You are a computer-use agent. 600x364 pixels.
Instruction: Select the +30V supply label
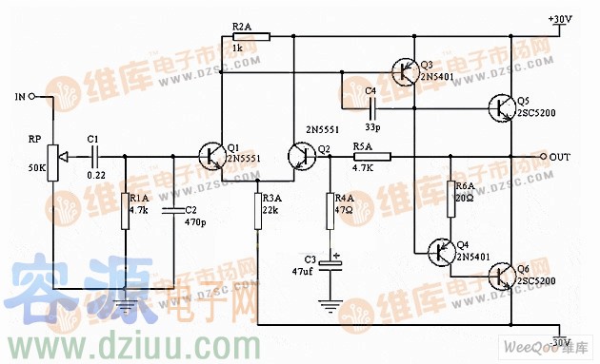pos(561,19)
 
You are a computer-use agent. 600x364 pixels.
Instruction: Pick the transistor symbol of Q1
pos(212,156)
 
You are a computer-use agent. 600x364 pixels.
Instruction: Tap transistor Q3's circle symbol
pos(406,71)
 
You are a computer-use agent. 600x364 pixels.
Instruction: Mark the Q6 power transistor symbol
pos(503,277)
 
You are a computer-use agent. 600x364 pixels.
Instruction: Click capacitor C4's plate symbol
pos(370,105)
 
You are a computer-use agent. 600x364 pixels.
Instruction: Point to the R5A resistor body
pos(362,156)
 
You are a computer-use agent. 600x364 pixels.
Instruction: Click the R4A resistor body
pos(330,210)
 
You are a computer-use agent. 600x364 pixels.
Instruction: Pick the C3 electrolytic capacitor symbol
pos(330,263)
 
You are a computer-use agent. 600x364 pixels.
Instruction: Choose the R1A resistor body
pos(125,210)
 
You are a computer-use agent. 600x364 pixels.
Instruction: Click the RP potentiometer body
pos(52,155)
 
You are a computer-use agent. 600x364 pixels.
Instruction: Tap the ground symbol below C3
pos(330,307)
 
